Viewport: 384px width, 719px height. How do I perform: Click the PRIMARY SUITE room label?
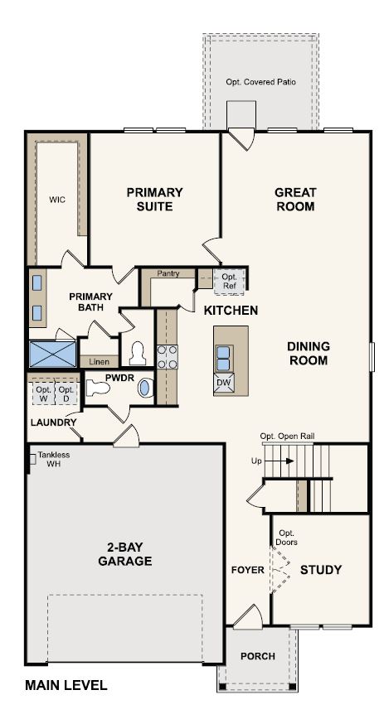pos(154,199)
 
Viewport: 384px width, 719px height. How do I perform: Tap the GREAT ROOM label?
pos(295,199)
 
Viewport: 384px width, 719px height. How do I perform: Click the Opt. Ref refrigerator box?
pos(230,281)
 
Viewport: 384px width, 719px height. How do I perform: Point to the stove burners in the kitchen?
pos(167,356)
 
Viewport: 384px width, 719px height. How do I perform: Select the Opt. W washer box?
pos(43,393)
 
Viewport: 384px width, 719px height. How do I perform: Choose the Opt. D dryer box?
pos(67,393)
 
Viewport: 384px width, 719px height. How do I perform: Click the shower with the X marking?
pos(51,355)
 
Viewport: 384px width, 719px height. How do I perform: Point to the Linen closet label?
pos(99,361)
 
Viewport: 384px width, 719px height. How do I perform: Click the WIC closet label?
pos(57,199)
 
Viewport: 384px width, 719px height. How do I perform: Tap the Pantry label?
pos(168,273)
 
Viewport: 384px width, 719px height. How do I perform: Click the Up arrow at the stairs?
pos(256,460)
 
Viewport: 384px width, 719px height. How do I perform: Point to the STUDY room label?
pos(321,570)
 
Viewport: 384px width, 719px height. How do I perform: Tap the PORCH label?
pos(257,656)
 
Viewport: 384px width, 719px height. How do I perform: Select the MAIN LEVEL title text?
pos(66,685)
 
